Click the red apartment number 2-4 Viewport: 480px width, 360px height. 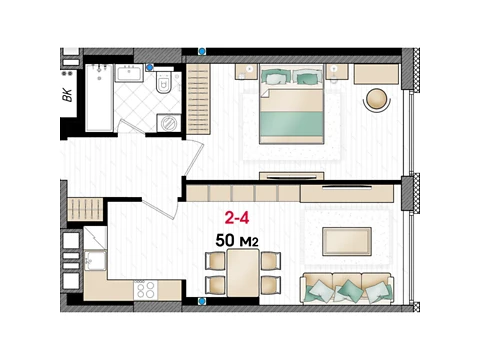[237, 218]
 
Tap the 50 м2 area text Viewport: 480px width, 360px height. [237, 240]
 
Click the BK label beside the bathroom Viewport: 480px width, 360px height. [67, 95]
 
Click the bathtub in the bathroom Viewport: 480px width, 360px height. [99, 98]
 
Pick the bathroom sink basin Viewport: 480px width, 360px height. [129, 73]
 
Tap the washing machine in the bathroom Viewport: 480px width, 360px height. [169, 123]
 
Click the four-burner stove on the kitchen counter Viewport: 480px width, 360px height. [146, 290]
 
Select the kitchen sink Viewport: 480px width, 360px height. [95, 260]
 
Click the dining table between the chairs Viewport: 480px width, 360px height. [243, 273]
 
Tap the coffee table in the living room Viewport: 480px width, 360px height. [347, 241]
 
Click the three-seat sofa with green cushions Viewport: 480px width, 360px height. [347, 288]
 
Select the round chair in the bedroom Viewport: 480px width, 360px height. [377, 98]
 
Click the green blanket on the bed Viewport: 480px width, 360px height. [291, 124]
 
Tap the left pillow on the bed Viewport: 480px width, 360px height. [275, 77]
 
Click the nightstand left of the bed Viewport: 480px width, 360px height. [246, 72]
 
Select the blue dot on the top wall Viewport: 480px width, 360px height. [202, 51]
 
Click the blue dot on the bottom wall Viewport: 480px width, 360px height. [202, 301]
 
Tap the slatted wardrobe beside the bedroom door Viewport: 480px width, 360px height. [198, 99]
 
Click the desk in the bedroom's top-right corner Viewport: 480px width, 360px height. [376, 74]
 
